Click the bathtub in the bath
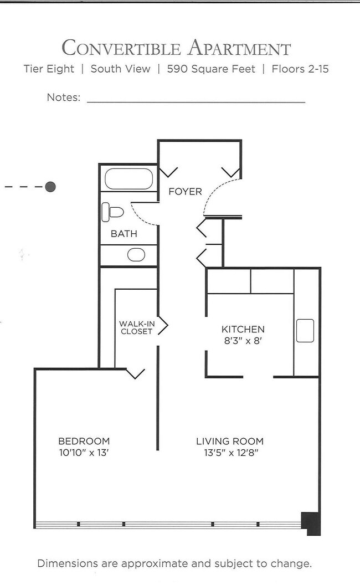click(128, 178)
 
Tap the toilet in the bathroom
click(113, 212)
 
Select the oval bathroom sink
click(136, 255)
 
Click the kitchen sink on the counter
click(305, 331)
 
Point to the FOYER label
click(185, 192)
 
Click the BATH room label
click(124, 234)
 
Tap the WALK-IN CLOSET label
click(136, 327)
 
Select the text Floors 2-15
click(300, 69)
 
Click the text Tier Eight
click(49, 69)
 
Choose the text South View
click(120, 69)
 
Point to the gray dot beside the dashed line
click(50, 187)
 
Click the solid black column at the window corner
click(312, 524)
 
